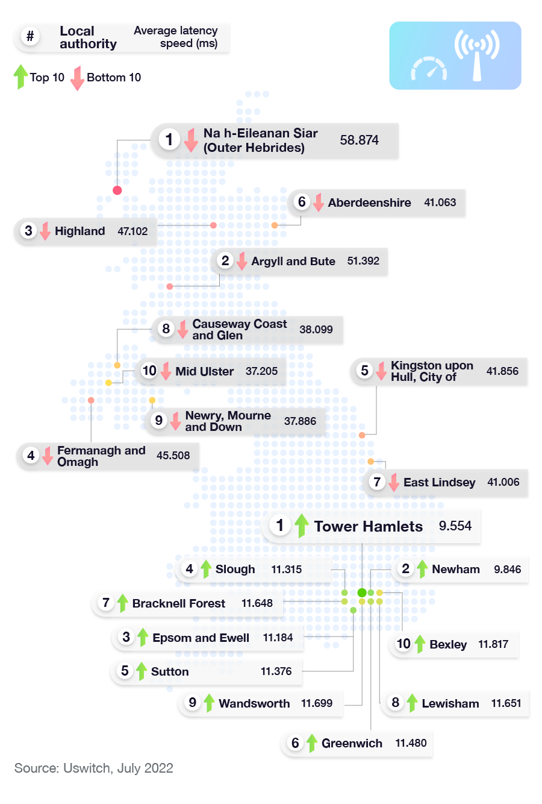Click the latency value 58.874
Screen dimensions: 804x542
point(359,140)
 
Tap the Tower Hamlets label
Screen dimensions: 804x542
point(368,527)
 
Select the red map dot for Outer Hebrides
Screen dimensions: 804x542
point(117,190)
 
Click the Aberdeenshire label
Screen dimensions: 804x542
point(369,203)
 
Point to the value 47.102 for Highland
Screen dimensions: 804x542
point(132,231)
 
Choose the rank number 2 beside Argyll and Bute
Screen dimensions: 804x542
point(225,260)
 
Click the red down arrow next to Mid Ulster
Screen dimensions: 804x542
point(166,371)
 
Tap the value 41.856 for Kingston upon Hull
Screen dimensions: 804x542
point(502,371)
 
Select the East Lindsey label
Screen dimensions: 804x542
point(439,483)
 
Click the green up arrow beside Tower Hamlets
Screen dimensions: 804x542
point(302,526)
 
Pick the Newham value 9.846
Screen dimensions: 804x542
point(507,570)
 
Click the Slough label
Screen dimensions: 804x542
point(235,570)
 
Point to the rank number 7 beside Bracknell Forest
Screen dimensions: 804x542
point(106,603)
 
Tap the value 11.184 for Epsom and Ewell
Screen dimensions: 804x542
point(278,638)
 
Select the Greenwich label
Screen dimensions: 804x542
point(352,744)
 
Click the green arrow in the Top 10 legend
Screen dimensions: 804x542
point(21,77)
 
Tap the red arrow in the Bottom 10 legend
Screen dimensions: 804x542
point(77,78)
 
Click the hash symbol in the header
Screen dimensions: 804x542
point(30,37)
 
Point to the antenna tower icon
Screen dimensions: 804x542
point(477,57)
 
